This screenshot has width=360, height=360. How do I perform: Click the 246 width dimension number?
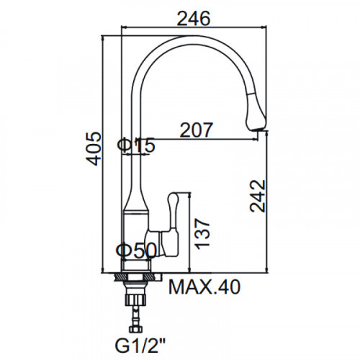pos(194,18)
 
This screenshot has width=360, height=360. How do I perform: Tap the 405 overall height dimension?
pos(94,149)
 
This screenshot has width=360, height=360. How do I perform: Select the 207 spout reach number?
pos(197,130)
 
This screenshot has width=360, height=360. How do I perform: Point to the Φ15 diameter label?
pos(136,145)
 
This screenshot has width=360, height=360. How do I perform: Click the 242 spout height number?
pos(258,196)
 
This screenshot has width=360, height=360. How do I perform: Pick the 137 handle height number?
pos(202,233)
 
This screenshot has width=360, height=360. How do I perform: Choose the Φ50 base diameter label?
pos(136,251)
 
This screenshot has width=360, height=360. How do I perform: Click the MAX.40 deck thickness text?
pos(204,287)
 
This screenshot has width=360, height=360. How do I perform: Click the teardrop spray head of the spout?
pos(256,112)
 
